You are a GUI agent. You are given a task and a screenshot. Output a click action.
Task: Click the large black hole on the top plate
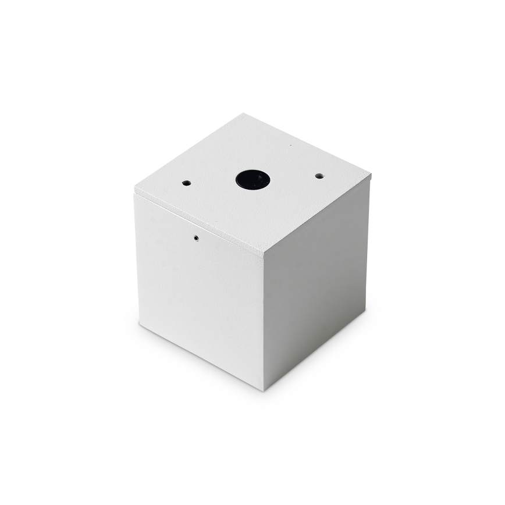(252, 179)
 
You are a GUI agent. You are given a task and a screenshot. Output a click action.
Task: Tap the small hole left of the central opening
(186, 183)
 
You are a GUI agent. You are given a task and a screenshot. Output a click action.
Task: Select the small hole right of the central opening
(319, 176)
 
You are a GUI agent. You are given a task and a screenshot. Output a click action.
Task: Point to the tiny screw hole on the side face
(196, 237)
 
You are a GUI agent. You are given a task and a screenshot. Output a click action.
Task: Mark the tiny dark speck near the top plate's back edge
(290, 145)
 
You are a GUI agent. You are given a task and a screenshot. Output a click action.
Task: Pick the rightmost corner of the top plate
(371, 174)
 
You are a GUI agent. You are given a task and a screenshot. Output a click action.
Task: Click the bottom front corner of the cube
(265, 389)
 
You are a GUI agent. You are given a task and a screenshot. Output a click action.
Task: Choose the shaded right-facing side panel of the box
(317, 279)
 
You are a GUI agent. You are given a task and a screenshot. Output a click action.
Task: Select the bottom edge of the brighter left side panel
(201, 355)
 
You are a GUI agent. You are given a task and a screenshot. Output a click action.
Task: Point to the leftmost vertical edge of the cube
(137, 259)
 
